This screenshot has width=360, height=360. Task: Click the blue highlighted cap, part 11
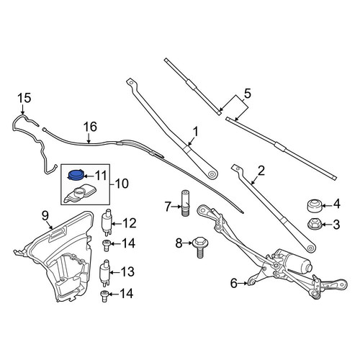point(76,174)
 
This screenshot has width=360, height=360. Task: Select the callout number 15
point(24,98)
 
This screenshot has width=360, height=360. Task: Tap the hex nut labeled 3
point(314,225)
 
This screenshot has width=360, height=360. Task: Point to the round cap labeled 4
point(315,206)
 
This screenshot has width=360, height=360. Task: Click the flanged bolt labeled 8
point(200,247)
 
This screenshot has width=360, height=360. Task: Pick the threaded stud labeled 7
point(186,203)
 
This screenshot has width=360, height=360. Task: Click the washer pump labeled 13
point(105,273)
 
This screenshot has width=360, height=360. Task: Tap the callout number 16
point(90,127)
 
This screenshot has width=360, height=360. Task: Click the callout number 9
point(45,216)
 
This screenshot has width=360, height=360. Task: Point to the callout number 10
point(122,184)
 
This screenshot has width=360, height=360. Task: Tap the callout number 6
point(234,284)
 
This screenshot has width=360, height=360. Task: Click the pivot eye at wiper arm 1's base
point(212,174)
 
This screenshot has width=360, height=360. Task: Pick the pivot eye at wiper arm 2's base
point(311,248)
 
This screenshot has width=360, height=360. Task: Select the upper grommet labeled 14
point(106,246)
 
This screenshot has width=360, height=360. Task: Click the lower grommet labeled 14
point(104,296)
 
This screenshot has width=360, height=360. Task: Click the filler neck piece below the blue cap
point(80,193)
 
